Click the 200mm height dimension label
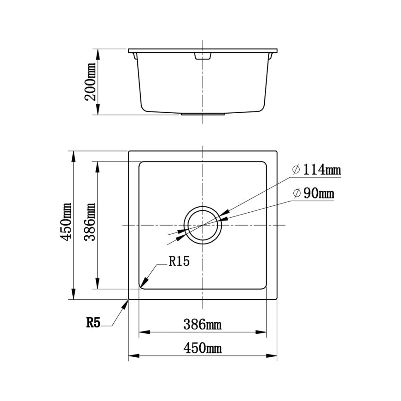pos(90,82)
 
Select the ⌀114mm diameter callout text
pos(316,170)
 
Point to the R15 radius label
pos(179,261)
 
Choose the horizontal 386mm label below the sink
pos(202,325)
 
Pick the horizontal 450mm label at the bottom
pos(202,348)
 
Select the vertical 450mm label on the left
pos(67,222)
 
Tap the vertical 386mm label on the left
pos(90,222)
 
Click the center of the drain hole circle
pos(202,225)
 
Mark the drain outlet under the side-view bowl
pos(203,114)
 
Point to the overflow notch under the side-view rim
pos(203,56)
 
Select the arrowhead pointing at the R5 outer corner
pos(125,304)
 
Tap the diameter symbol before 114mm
pos(296,170)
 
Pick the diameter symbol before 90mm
pos(296,193)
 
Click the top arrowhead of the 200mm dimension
pos(98,54)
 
